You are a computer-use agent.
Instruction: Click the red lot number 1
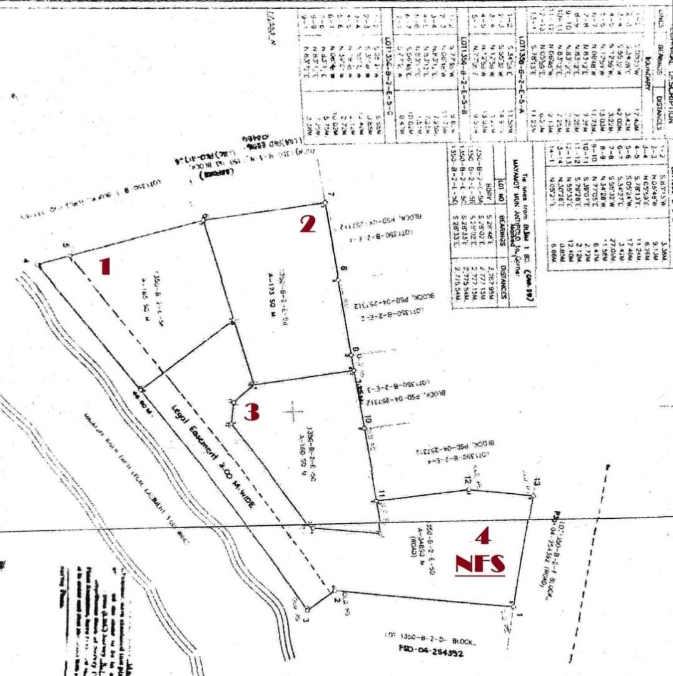tap(105, 267)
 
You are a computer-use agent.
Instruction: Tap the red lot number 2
tap(306, 224)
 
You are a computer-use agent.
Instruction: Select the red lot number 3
tap(251, 412)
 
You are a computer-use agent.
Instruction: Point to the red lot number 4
tap(482, 536)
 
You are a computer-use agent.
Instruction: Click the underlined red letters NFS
tap(480, 564)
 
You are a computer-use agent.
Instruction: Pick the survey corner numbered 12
tap(468, 489)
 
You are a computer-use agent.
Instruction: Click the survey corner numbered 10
tap(364, 428)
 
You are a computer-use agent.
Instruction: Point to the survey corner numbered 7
tap(325, 202)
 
